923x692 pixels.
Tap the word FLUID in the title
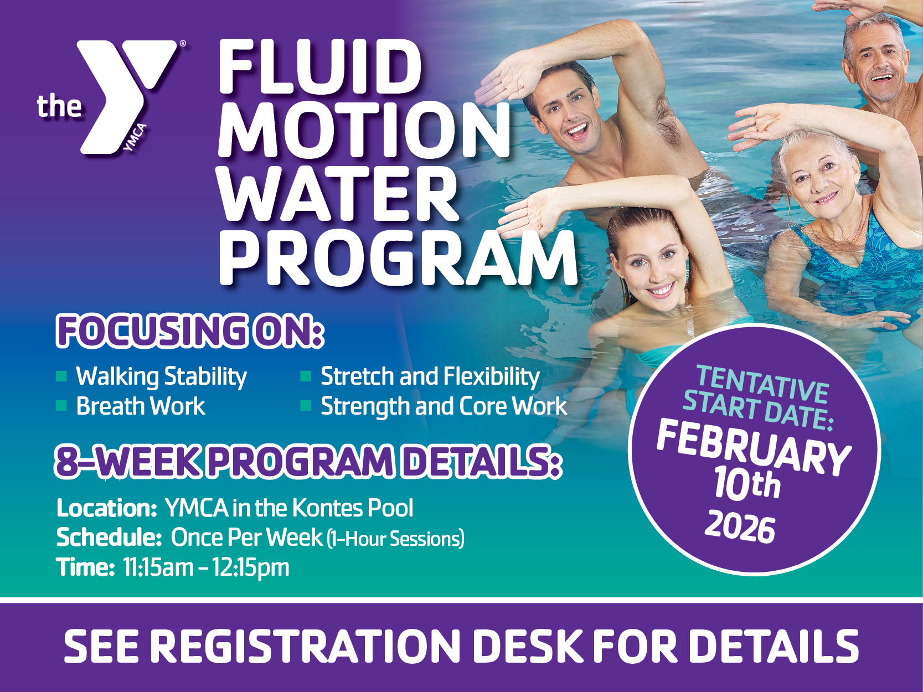[320, 68]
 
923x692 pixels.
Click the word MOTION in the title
[364, 130]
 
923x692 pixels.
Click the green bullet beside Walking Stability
[61, 375]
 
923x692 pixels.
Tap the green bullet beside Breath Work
[61, 406]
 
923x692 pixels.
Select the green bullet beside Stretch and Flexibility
[306, 375]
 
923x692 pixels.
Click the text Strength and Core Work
[444, 406]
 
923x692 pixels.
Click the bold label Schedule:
[109, 538]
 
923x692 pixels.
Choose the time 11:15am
[158, 567]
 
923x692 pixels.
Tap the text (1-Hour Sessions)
[396, 539]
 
